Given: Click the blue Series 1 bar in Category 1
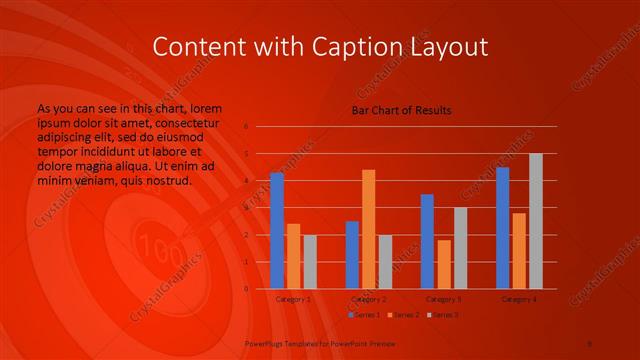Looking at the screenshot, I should coord(277,230).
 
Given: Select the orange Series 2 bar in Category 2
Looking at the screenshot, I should coord(369,229).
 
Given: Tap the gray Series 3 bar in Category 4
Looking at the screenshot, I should coord(536,221).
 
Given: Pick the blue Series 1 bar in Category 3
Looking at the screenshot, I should coord(427,241).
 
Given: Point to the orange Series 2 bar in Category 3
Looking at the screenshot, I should coord(444,264).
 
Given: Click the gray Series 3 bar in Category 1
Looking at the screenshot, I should coord(310,261).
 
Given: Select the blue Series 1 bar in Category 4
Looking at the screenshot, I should coord(502,228).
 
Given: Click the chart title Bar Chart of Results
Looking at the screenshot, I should coord(401,110).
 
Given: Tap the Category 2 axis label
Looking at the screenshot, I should coord(369,299).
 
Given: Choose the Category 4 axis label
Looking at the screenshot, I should coord(519,299).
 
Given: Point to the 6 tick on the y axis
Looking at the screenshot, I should coord(246,127).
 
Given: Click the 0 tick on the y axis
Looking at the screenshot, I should coord(246,289).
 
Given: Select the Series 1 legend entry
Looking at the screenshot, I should coord(364,315).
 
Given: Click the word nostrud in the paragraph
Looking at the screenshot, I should coord(167,182).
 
